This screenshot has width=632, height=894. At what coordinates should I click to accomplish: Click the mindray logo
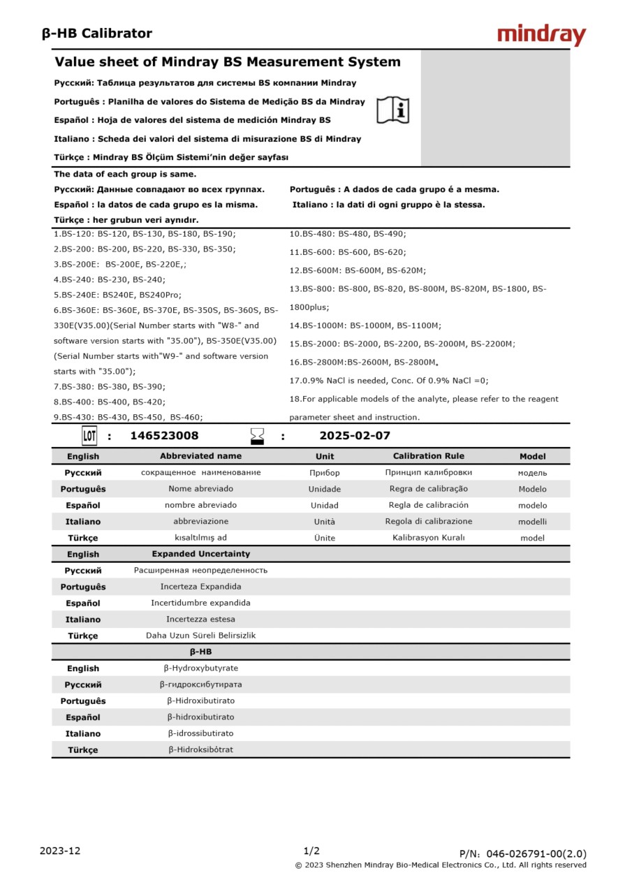pyautogui.click(x=541, y=35)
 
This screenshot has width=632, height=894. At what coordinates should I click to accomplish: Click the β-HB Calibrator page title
pyautogui.click(x=97, y=34)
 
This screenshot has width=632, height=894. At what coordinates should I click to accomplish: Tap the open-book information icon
pyautogui.click(x=392, y=110)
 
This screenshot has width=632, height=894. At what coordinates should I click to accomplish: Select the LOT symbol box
pyautogui.click(x=89, y=437)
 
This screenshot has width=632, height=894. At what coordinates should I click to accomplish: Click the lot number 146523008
pyautogui.click(x=164, y=436)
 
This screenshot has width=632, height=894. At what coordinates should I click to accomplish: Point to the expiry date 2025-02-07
pyautogui.click(x=355, y=436)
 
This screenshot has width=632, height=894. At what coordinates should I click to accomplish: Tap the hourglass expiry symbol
pyautogui.click(x=258, y=437)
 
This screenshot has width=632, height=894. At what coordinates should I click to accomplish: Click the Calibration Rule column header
pyautogui.click(x=428, y=456)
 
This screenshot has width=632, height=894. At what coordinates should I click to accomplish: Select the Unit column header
pyautogui.click(x=325, y=456)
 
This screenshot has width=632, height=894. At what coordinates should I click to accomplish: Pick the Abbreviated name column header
pyautogui.click(x=200, y=456)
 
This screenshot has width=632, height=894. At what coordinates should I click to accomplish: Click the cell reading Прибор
pyautogui.click(x=325, y=473)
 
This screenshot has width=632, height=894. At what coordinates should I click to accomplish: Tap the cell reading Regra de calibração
pyautogui.click(x=428, y=489)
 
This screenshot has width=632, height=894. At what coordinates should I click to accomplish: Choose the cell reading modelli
pyautogui.click(x=532, y=522)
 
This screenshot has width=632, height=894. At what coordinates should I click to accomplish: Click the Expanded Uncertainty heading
pyautogui.click(x=200, y=554)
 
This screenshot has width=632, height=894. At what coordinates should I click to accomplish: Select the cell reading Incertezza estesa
pyautogui.click(x=200, y=620)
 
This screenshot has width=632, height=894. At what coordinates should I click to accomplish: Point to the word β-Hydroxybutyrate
pyautogui.click(x=200, y=668)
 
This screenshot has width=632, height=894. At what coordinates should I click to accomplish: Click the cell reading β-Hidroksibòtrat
pyautogui.click(x=200, y=750)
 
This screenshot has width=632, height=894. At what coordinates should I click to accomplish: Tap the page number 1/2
pyautogui.click(x=311, y=851)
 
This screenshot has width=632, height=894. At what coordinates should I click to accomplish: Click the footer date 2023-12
pyautogui.click(x=60, y=851)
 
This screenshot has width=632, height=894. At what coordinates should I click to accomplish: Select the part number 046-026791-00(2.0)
pyautogui.click(x=536, y=853)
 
